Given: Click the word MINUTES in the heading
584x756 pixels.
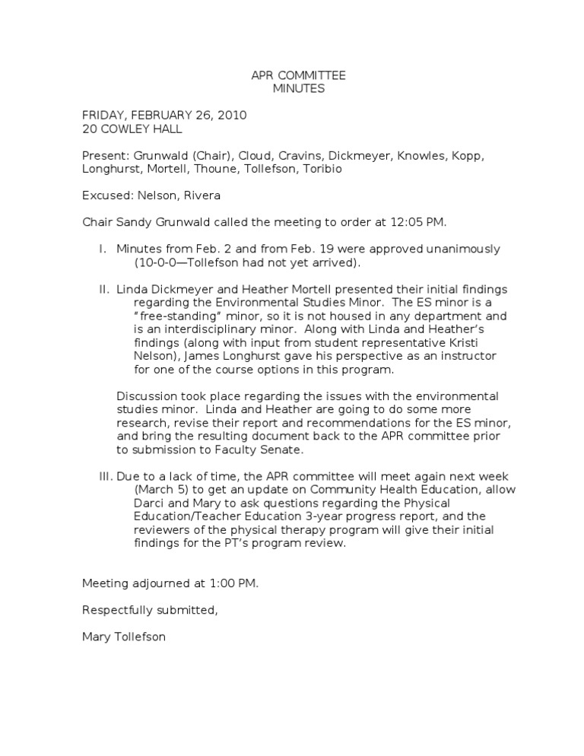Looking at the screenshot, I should [298, 89].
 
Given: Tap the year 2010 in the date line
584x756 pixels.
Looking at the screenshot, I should [231, 116].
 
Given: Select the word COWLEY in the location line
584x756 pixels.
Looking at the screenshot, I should [125, 129].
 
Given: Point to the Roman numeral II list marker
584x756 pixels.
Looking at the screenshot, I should [104, 290].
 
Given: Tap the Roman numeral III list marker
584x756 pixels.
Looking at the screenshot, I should [105, 476].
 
